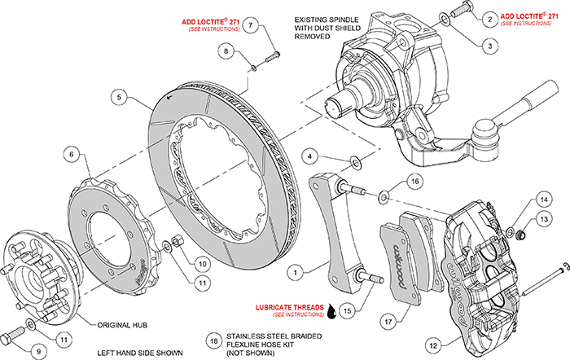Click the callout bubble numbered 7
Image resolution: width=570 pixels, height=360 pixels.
pos(252,25)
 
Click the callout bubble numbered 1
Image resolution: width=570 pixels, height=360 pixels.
pos(298,269)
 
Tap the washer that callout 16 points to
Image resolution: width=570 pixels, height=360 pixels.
pos(383,196)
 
